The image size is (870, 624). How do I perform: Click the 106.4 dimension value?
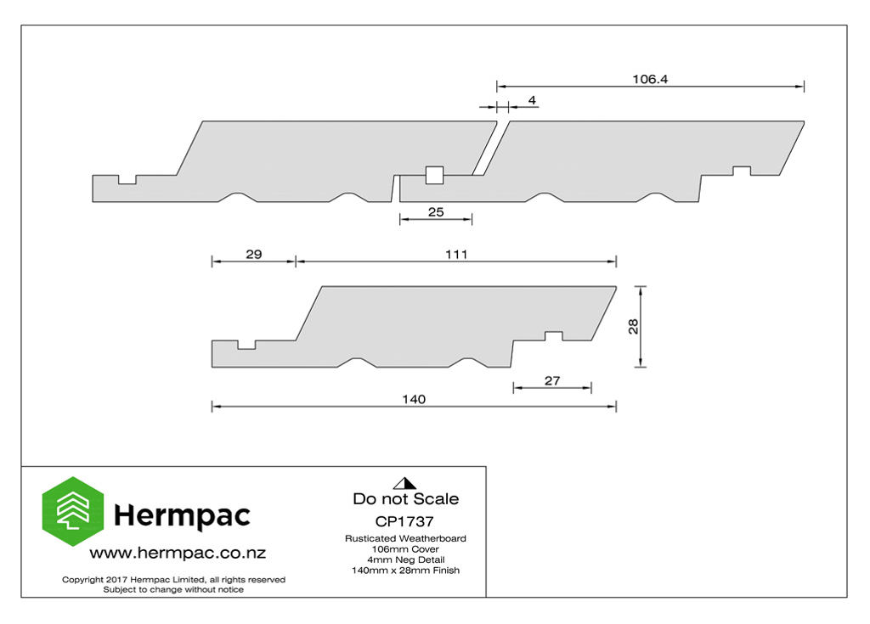[x=650, y=79]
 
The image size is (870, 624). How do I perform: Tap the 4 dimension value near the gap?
[x=532, y=100]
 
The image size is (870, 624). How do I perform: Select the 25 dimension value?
[x=436, y=212]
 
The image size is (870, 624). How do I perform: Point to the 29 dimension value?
[x=253, y=254]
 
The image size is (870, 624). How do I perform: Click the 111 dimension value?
[x=456, y=254]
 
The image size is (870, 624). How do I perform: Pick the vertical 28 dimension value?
[x=633, y=326]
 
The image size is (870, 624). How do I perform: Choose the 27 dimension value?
[x=552, y=380]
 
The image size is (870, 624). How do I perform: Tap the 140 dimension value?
[x=414, y=399]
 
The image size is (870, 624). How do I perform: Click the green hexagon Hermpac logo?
[x=73, y=511]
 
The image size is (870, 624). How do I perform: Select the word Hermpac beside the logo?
[x=182, y=516]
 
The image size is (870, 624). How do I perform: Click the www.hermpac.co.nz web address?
[x=178, y=553]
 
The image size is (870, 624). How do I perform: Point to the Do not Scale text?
[x=405, y=498]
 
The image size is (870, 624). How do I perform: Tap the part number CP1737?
[x=404, y=521]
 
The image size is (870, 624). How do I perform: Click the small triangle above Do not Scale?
[x=405, y=484]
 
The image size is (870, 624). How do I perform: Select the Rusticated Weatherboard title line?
[x=405, y=538]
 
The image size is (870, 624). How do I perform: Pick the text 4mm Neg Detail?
[x=405, y=559]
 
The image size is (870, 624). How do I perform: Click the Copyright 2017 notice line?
[x=173, y=580]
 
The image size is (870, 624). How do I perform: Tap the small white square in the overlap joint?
[x=434, y=175]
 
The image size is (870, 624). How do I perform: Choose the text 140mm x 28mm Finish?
[x=405, y=571]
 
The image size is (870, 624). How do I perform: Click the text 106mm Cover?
[x=405, y=549]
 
